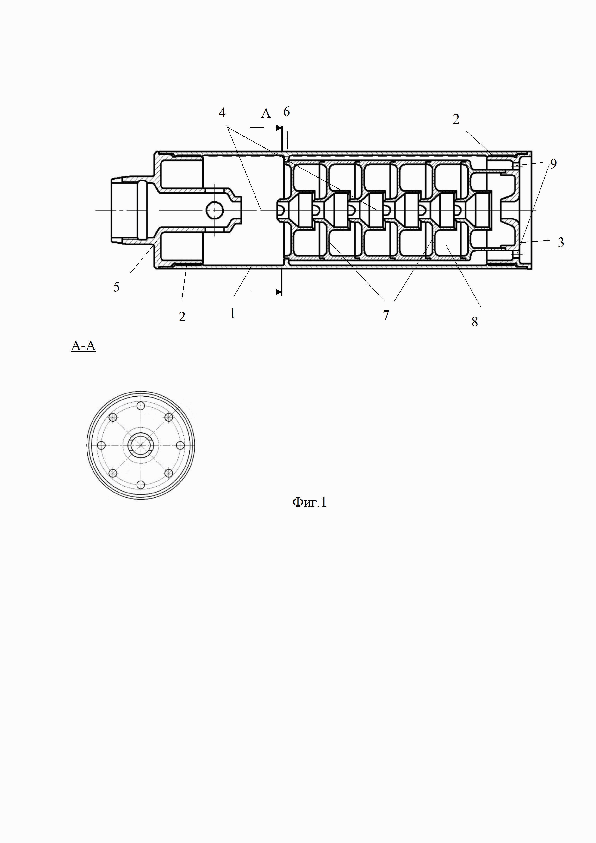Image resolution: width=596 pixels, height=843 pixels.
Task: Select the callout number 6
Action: [287, 112]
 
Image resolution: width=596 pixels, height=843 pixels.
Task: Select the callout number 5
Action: [116, 287]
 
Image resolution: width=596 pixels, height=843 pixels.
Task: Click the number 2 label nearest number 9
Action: [456, 119]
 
